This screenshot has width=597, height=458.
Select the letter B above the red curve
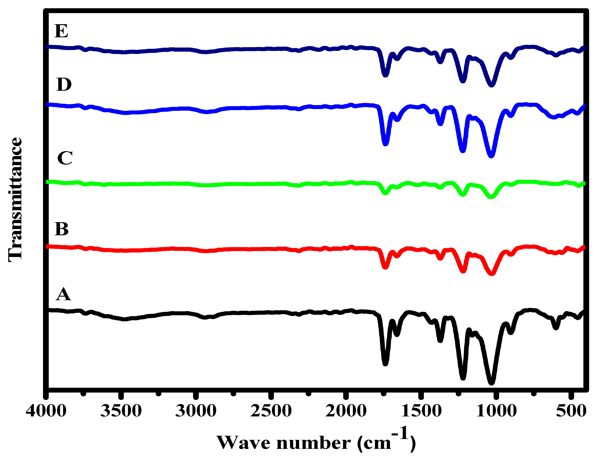point(62,229)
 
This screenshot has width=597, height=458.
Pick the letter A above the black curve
point(63,294)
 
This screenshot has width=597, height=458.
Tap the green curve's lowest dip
point(491,197)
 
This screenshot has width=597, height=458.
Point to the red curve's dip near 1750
point(385,267)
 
